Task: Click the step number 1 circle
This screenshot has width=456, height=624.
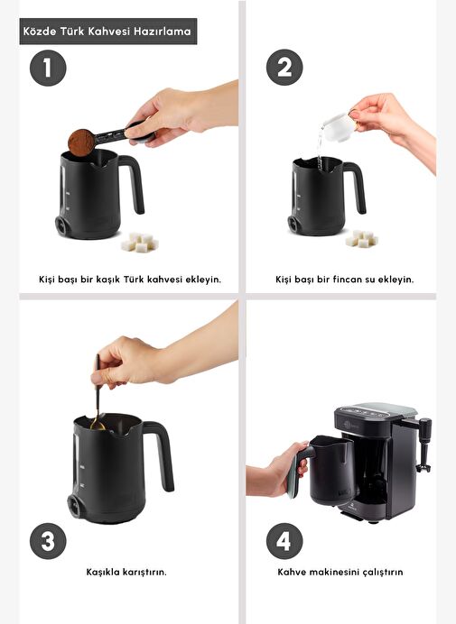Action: [x=48, y=68]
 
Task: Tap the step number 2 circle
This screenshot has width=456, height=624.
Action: [x=284, y=68]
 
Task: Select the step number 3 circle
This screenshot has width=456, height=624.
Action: [x=48, y=541]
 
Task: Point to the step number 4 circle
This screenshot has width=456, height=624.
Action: [x=284, y=541]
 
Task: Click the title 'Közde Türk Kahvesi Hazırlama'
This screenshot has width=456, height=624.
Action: [x=107, y=31]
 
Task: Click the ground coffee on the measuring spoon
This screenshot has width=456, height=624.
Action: [x=81, y=142]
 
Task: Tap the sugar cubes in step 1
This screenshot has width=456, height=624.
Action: [x=140, y=243]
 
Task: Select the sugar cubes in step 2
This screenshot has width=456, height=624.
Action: [x=362, y=238]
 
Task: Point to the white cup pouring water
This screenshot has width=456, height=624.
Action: [x=338, y=126]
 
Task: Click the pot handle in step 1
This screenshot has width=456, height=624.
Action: [x=135, y=181]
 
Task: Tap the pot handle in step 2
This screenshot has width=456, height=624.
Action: [x=357, y=185]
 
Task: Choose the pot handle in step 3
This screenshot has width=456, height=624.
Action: [x=162, y=454]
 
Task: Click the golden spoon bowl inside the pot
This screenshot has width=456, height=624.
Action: [x=98, y=425]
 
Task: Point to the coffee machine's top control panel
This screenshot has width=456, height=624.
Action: [x=375, y=411]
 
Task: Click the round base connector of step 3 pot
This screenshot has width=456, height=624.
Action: [x=74, y=506]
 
